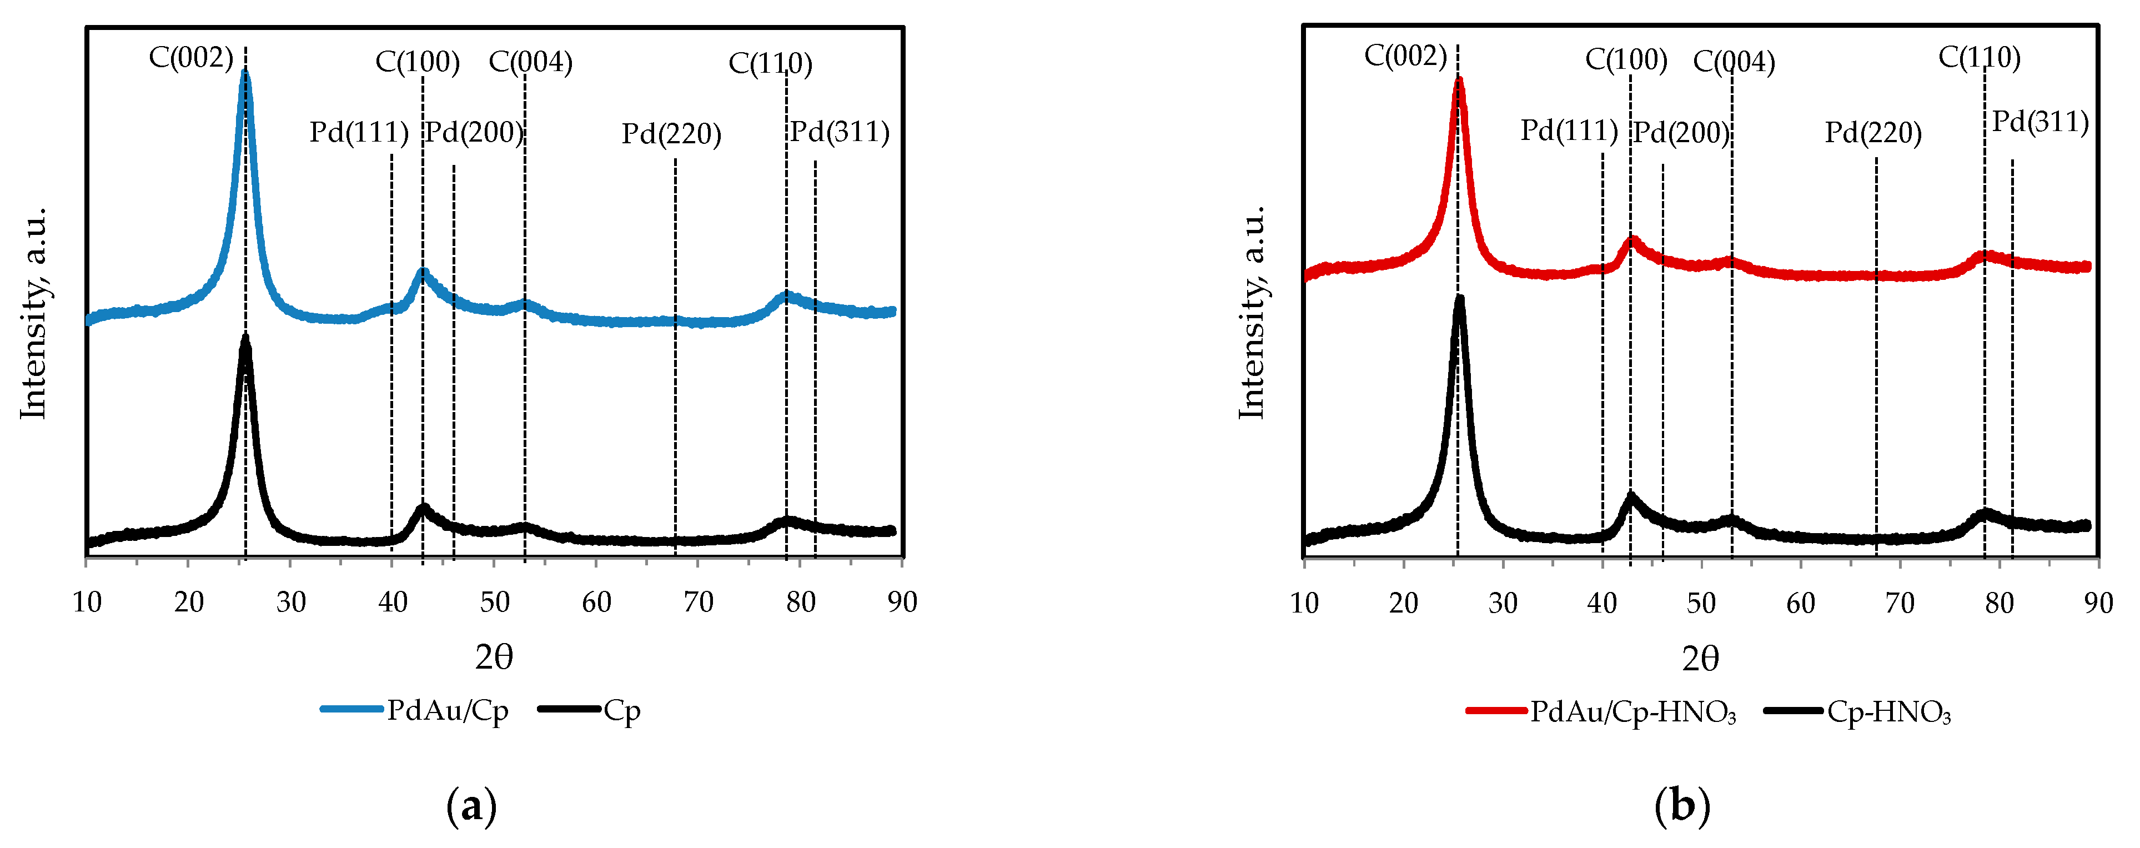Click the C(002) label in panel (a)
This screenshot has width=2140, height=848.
[x=190, y=58]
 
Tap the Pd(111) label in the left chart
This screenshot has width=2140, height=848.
[x=359, y=132]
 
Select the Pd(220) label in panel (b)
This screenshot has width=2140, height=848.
[x=1873, y=133]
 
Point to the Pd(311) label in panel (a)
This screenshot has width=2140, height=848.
[x=839, y=132]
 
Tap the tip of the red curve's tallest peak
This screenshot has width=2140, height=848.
[x=1459, y=81]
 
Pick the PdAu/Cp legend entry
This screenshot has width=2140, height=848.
[x=415, y=711]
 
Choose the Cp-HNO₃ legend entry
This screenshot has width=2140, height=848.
[x=1859, y=712]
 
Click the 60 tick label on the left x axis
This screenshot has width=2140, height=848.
[x=596, y=602]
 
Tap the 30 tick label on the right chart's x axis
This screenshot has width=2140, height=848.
[x=1503, y=604]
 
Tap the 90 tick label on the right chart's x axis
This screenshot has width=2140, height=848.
[x=2098, y=604]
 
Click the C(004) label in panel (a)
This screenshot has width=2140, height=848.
[x=530, y=62]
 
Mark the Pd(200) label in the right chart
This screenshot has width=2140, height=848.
[x=1681, y=133]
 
